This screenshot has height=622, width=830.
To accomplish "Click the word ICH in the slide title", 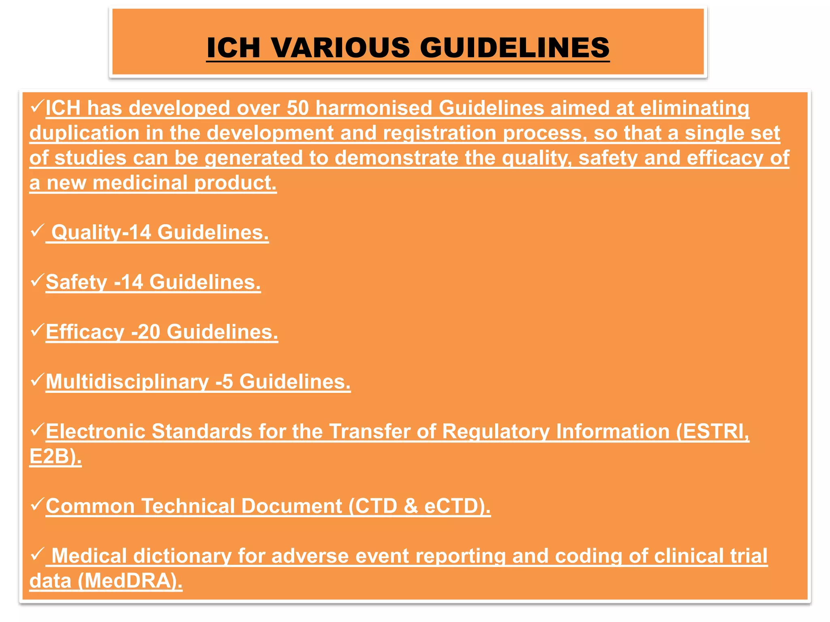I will pos(233,47).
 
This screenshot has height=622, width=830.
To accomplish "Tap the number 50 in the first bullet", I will pos(298,108).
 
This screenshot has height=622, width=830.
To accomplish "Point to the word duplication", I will pos(84,133).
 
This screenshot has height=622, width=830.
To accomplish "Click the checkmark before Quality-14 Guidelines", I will pos(37,231).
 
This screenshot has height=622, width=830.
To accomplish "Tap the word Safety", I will pos(76,282).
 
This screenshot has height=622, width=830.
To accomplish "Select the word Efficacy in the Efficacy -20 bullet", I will pos(85,332).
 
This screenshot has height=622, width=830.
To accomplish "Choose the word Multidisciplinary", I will pos(127,382).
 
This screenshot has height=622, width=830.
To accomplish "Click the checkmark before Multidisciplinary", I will pos(37,380).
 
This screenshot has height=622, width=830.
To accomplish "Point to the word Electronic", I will pos(95,431).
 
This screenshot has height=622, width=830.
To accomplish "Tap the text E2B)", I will pos(56,456).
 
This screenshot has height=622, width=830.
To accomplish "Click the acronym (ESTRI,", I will pos(712,431).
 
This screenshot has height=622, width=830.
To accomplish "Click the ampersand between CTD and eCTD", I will pos(411,506).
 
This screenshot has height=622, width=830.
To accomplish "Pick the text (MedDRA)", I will pos(130,581).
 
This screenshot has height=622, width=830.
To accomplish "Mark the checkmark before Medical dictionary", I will pos(37,554).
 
